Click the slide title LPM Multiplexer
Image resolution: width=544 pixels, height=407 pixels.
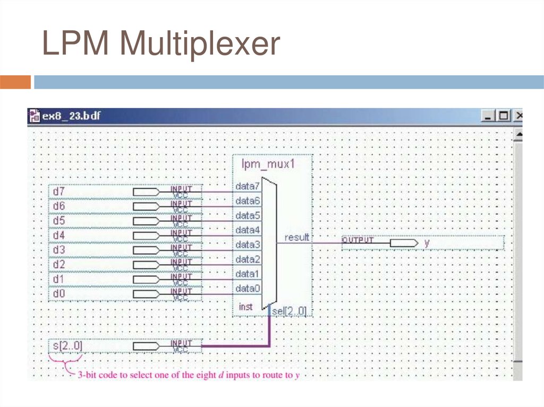click(x=161, y=45)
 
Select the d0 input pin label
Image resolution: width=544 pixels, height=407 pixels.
click(x=59, y=293)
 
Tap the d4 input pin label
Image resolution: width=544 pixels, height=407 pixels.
click(x=59, y=235)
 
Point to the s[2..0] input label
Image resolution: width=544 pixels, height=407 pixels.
click(x=67, y=347)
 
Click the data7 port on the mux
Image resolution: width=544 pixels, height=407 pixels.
click(x=248, y=187)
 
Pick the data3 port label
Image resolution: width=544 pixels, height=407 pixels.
click(x=248, y=245)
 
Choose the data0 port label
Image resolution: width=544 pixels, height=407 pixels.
click(x=248, y=288)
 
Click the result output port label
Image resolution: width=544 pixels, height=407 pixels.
click(x=296, y=237)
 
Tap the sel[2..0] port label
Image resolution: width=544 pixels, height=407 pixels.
click(x=290, y=311)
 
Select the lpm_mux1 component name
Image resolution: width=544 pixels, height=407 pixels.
click(x=268, y=164)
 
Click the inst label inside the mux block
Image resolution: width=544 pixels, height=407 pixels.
click(x=245, y=307)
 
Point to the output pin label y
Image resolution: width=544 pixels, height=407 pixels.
click(x=427, y=243)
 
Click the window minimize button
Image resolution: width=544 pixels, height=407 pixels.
click(x=488, y=115)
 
